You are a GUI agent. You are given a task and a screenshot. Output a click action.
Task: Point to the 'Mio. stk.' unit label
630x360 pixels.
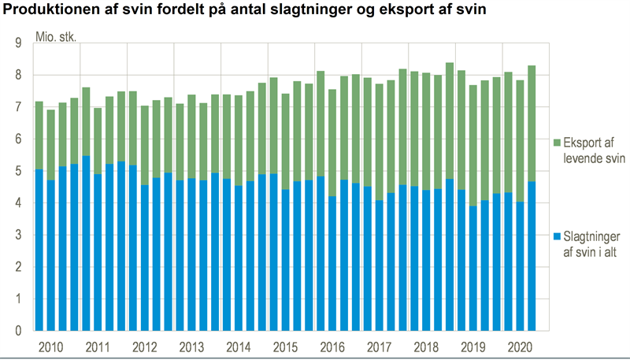pyautogui.click(x=56, y=37)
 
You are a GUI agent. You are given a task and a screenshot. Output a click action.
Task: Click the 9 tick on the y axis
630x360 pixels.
pyautogui.click(x=17, y=43)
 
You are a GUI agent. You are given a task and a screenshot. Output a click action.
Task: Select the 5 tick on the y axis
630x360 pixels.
pyautogui.click(x=17, y=172)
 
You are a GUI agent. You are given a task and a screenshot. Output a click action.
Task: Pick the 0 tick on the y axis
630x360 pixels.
pyautogui.click(x=17, y=332)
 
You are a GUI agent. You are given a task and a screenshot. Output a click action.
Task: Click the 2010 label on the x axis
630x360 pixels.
pyautogui.click(x=50, y=347)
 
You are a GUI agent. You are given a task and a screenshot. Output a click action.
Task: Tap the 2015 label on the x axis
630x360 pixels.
pyautogui.click(x=285, y=347)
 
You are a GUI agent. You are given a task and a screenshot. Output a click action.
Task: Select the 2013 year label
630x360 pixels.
pyautogui.click(x=191, y=347)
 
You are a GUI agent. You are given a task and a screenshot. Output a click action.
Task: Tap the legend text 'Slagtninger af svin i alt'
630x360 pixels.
pyautogui.click(x=592, y=243)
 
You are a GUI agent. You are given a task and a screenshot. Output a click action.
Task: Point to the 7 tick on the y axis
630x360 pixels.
pyautogui.click(x=17, y=107)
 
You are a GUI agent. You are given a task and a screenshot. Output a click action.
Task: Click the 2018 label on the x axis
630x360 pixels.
pyautogui.click(x=425, y=347)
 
